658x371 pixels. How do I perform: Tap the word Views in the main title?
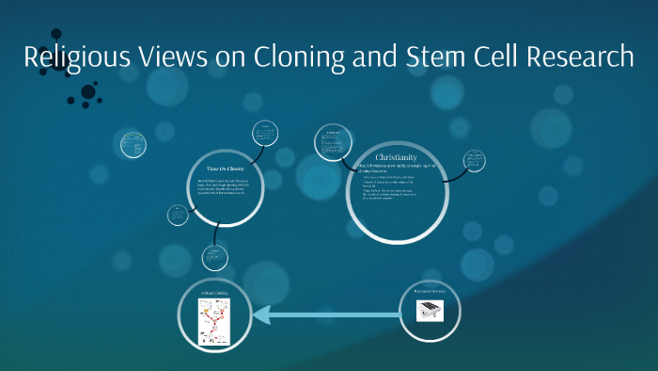pos(175,57)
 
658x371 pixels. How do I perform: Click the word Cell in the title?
pos(490,57)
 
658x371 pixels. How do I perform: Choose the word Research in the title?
pos(577,57)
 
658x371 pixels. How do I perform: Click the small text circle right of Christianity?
pos(475,161)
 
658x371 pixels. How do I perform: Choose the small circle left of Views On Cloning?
pos(179,215)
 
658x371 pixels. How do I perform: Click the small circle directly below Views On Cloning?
pos(215,256)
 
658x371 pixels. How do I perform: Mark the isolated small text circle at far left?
pos(133,144)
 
